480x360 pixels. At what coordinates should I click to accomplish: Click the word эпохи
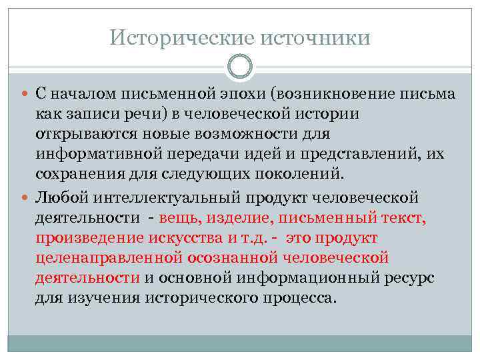point(246,93)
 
